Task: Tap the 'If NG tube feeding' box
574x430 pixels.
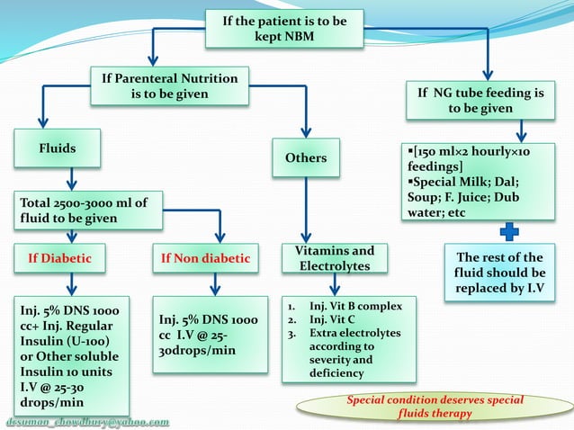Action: [480, 100]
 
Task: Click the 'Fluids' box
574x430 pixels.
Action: [57, 148]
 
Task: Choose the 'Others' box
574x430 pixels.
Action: [306, 157]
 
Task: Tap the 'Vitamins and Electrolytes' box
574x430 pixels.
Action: [336, 259]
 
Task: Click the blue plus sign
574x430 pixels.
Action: [509, 231]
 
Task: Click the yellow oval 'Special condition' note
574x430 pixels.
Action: [435, 407]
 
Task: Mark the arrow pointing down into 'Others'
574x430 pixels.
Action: [306, 124]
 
